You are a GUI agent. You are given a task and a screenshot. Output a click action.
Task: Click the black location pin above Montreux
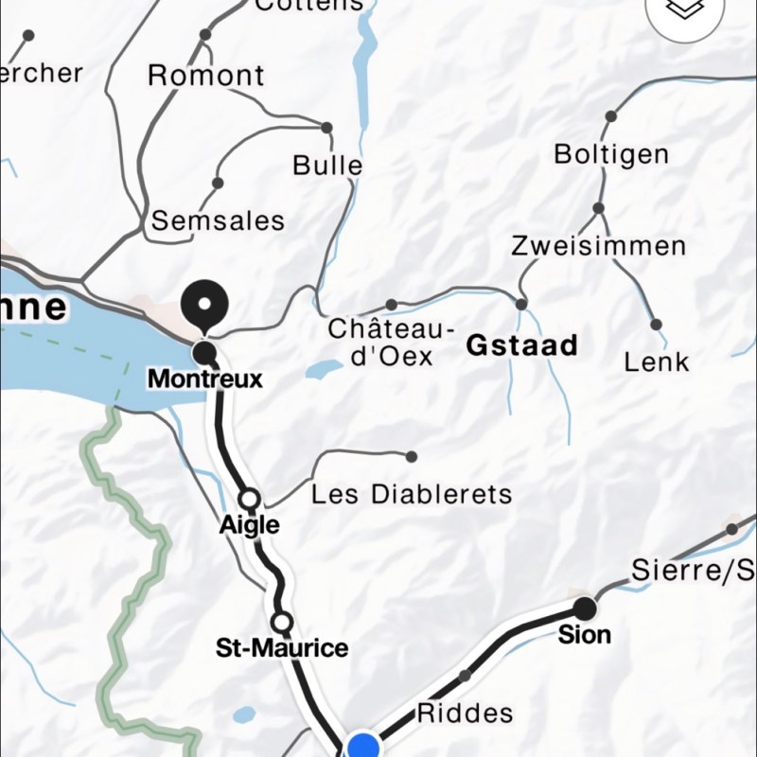coord(204,305)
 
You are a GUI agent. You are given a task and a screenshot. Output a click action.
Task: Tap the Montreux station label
coord(204,378)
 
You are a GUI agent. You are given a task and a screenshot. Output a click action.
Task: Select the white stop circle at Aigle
coord(250,499)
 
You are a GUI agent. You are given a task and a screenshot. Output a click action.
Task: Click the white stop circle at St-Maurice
coord(281,622)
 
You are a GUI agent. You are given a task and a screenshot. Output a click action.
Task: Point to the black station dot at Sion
coord(585,607)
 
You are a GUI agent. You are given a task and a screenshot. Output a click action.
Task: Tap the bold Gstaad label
coord(521,345)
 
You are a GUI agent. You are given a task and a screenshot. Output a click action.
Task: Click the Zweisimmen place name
coord(598,246)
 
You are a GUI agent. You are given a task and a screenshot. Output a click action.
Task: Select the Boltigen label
coord(611,154)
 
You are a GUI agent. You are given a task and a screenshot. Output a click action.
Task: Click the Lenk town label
coord(657,361)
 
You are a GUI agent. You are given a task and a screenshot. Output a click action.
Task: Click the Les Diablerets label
coord(412,494)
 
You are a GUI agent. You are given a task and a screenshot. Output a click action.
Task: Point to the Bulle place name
coord(327,165)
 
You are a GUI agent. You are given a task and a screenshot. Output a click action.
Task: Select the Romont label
coord(205,76)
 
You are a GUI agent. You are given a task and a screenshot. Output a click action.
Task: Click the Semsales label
coord(218,220)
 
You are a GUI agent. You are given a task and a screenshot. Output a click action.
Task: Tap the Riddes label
coord(465,713)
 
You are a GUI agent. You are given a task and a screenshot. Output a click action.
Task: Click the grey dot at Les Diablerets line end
coord(411,457)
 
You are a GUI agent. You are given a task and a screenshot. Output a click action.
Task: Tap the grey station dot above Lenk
coord(656,325)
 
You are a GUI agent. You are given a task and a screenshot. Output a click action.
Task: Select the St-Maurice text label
coord(282,648)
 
